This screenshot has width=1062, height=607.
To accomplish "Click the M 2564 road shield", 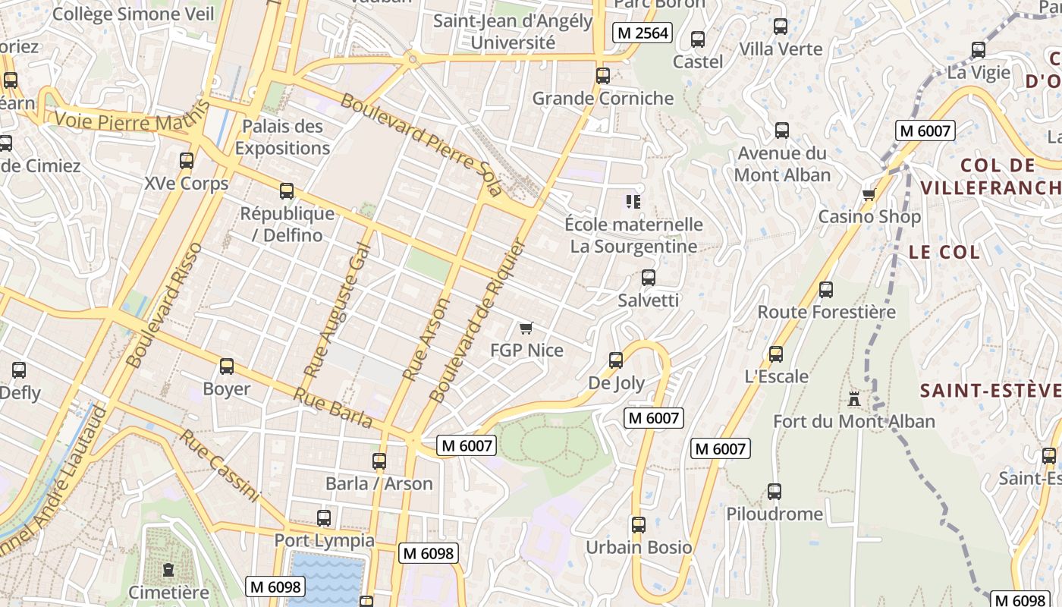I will [643, 33].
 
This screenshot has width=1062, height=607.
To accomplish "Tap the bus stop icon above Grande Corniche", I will [603, 76].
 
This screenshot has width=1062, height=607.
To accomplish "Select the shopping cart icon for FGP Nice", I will [526, 328].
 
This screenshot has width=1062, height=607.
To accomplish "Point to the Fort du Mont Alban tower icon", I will [854, 398].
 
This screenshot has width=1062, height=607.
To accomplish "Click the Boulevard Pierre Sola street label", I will [421, 143].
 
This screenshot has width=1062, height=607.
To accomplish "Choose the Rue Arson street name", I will [426, 339].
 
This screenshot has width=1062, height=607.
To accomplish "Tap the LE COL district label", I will [944, 253].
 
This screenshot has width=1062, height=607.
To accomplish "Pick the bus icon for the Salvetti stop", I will [648, 278].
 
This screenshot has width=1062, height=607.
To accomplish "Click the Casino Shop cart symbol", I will [869, 194].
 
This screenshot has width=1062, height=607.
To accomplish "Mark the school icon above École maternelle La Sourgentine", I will [633, 202].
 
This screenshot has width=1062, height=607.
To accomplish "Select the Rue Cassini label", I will [220, 466].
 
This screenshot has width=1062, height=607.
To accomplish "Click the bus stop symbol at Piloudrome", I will [774, 492].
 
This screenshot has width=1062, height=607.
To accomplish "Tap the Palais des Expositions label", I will [282, 137].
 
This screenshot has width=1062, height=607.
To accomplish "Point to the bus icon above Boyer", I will [226, 367].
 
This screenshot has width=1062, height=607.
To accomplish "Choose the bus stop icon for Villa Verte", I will [781, 27].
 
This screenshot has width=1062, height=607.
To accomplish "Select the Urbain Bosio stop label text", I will [639, 547].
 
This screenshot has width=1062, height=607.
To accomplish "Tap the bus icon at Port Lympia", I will [324, 518].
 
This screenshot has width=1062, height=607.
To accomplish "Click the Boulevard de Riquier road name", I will [477, 322].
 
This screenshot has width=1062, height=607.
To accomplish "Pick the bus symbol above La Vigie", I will [979, 51].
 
